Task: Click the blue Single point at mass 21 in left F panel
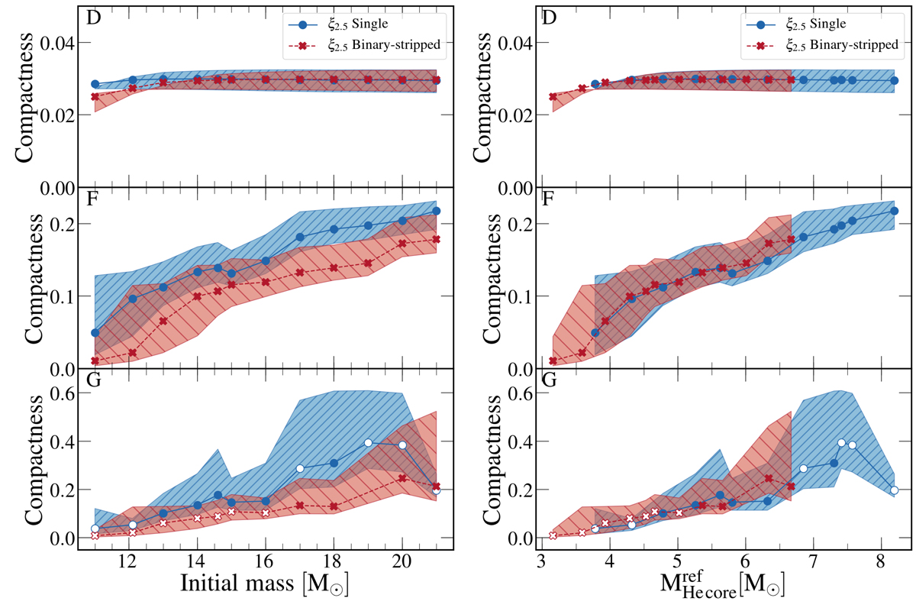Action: [x=437, y=211]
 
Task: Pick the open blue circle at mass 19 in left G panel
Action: [x=368, y=443]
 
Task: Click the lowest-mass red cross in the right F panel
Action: [x=553, y=361]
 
